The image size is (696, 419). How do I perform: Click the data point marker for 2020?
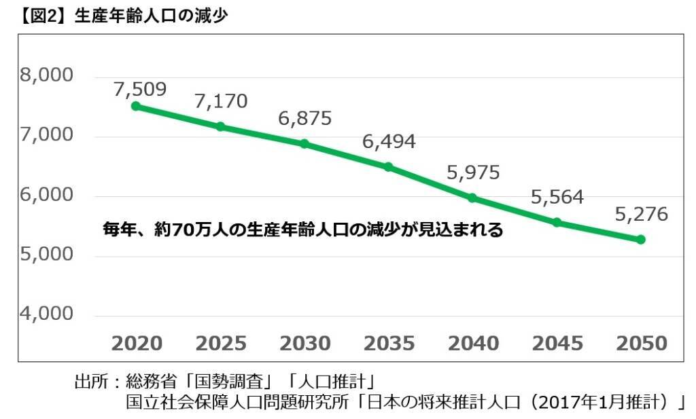[136, 106]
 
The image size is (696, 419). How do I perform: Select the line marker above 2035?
[388, 166]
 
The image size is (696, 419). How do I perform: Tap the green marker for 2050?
[640, 240]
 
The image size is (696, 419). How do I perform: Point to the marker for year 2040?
[472, 198]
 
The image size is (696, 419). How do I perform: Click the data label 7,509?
[140, 89]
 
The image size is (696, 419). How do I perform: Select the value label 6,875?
[304, 118]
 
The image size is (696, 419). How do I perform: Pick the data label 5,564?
[557, 197]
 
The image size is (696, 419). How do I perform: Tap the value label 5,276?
[641, 215]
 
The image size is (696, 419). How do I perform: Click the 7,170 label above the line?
[221, 102]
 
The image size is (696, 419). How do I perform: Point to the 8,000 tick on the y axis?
[46, 75]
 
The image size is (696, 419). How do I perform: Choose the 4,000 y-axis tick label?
[46, 314]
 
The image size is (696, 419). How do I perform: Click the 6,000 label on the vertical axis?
[46, 195]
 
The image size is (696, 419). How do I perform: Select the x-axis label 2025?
[221, 344]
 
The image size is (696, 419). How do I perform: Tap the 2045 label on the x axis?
[557, 344]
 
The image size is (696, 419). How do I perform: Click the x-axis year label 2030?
[304, 344]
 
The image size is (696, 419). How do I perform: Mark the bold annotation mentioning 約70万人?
[302, 230]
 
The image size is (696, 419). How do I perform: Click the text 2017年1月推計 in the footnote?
[599, 402]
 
